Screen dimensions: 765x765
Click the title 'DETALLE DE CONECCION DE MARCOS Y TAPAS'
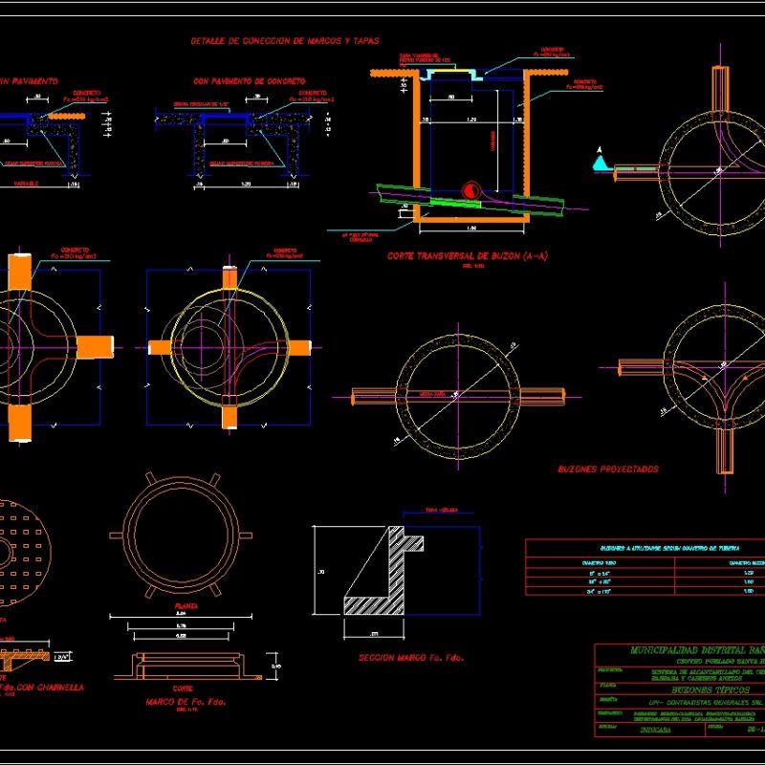point(285,41)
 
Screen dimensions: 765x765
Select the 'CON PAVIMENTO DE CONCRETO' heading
point(249,82)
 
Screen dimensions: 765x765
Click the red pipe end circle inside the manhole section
point(470,190)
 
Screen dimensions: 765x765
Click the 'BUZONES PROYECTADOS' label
point(608,470)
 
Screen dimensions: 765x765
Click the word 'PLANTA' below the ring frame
point(174,607)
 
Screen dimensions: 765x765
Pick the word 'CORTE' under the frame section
point(168,688)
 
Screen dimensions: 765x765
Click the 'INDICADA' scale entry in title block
point(653,729)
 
